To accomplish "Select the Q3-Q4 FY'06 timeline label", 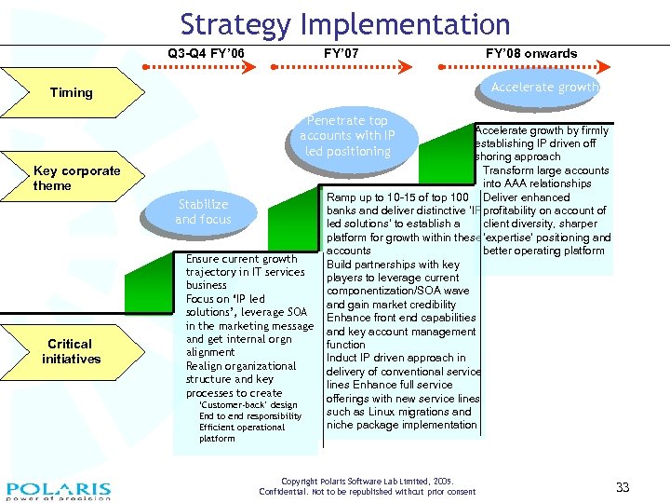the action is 206,53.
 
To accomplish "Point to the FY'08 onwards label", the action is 531,53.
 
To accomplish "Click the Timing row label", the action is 72,92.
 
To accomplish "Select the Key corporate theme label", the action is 76,178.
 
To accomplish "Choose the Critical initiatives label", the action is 70,351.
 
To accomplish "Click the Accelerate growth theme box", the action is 544,88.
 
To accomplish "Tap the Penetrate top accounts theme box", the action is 347,136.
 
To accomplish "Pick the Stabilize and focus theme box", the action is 203,211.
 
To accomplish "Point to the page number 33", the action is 623,487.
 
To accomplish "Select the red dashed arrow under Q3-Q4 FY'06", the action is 198,67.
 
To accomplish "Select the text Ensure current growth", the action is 242,259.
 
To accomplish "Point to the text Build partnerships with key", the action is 393,265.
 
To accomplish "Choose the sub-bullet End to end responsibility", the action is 250,416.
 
